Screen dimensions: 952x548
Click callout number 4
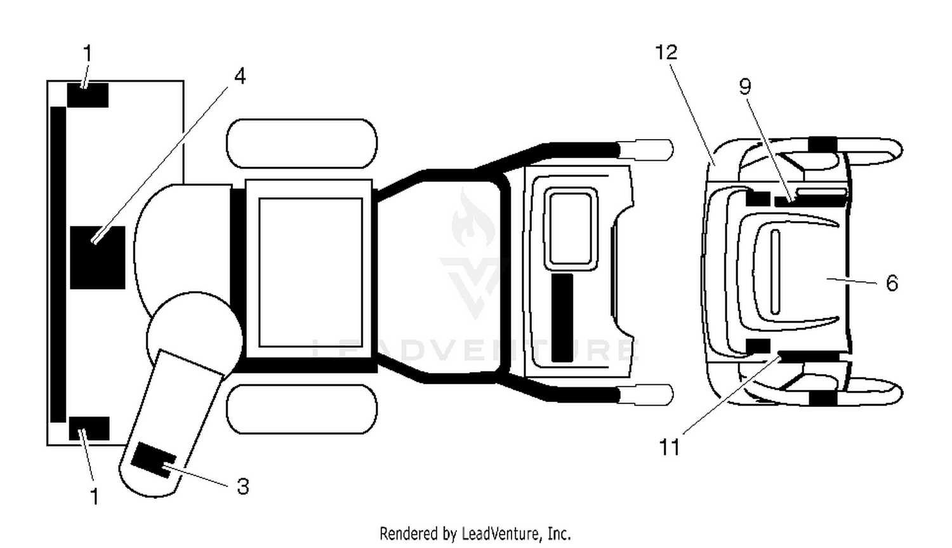(240, 77)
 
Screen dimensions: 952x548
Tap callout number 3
(242, 486)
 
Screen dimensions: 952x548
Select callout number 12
(666, 52)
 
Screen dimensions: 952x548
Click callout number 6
(892, 283)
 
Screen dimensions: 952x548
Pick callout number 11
(670, 447)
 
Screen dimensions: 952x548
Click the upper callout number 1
(87, 53)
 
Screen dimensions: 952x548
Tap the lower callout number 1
(95, 496)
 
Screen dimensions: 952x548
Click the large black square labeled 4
(97, 258)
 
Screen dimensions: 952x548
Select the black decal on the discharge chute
(153, 460)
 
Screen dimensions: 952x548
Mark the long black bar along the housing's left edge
(58, 264)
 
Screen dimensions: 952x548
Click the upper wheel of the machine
(301, 144)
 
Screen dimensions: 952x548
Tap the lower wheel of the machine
(301, 410)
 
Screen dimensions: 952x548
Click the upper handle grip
(645, 150)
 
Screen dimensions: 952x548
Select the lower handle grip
(645, 395)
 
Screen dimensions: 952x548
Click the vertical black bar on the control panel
(562, 317)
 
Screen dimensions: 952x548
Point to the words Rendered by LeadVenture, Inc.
(475, 533)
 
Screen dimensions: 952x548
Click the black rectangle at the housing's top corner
(88, 95)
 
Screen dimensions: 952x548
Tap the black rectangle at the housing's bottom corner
(89, 429)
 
